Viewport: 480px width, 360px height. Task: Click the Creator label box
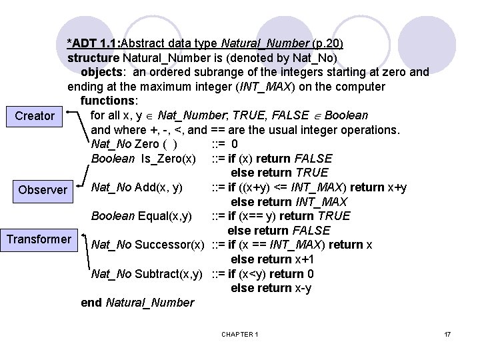(35, 116)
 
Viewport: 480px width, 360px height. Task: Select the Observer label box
(43, 190)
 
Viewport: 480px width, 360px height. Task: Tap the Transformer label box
(39, 239)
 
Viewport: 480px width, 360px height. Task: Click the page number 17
(447, 333)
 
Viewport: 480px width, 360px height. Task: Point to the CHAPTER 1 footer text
(240, 333)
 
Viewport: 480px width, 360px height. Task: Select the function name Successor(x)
(169, 245)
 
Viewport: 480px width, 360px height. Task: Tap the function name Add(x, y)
(159, 187)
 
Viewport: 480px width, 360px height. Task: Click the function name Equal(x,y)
(165, 216)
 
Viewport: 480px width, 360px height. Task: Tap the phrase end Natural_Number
(137, 303)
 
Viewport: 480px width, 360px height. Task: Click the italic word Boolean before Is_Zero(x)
(113, 159)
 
